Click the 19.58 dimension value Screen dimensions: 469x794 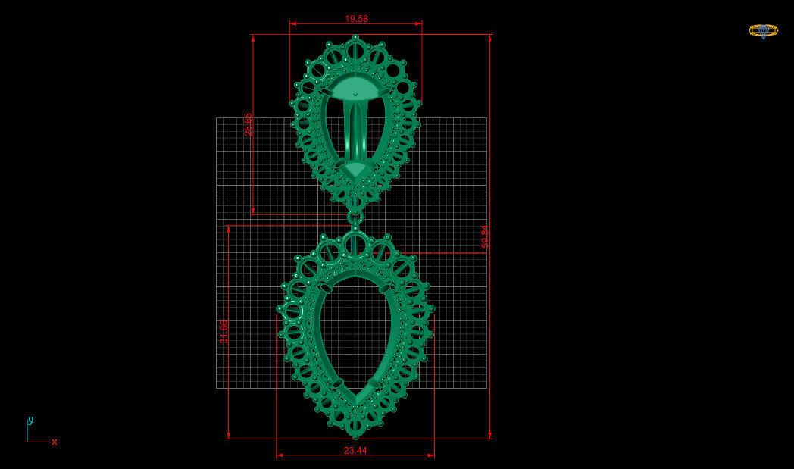coord(356,18)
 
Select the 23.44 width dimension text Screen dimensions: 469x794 coord(355,450)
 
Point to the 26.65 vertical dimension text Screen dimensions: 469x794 coord(248,125)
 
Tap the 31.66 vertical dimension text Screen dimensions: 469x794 coord(224,332)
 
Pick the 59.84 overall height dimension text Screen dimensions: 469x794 coord(485,236)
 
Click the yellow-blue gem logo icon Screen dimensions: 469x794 coord(763,30)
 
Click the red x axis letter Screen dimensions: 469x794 coord(55,442)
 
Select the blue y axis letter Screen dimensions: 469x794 coord(30,420)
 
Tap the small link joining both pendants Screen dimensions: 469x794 coord(355,217)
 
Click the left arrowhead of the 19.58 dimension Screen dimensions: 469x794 coord(292,23)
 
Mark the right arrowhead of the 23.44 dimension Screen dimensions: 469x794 coord(431,455)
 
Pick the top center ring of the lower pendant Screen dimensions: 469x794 coord(355,244)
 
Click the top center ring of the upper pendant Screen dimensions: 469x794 coord(355,51)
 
